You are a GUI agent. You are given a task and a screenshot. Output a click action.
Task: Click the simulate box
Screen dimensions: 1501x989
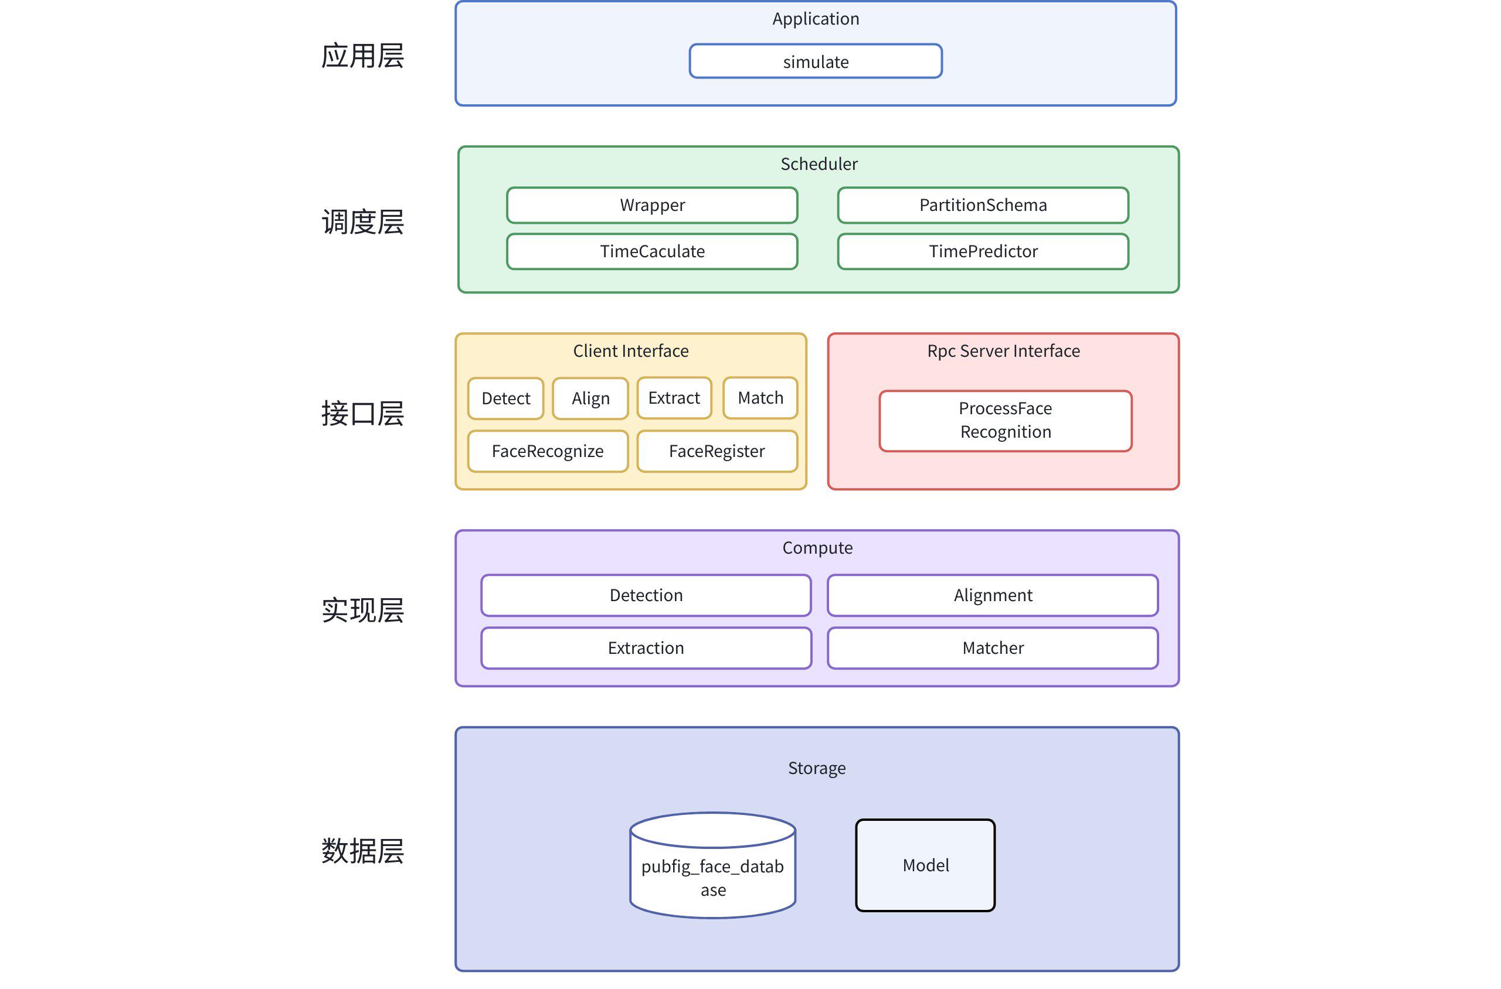coord(816,61)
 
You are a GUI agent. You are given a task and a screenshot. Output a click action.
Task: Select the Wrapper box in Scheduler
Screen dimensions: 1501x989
coord(652,205)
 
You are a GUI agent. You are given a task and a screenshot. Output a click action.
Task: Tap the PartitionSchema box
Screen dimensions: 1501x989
coord(983,205)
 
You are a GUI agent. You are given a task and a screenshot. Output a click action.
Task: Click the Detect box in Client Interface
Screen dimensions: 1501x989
coord(505,398)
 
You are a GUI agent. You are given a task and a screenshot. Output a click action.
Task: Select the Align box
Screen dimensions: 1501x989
coord(590,398)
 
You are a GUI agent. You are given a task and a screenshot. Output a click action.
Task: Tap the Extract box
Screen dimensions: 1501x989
coord(674,398)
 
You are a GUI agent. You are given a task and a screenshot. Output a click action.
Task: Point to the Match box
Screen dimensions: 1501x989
coord(760,398)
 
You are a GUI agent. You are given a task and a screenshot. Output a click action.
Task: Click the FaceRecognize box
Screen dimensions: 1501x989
coord(548,451)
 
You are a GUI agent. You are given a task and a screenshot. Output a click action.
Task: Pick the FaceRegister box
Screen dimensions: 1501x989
coord(717,451)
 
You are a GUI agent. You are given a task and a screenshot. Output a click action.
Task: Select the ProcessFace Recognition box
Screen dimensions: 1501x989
coord(1006,421)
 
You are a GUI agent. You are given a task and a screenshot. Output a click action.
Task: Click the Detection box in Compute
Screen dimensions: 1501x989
coord(646,595)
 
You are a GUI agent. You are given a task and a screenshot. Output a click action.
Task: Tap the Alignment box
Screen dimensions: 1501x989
coord(993,595)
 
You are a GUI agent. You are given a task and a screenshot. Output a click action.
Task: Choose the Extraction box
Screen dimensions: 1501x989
coord(646,648)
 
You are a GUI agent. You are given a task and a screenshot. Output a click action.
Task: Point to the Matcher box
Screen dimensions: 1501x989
coord(993,648)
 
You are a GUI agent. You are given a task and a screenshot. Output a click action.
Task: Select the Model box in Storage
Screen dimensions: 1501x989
coord(925,865)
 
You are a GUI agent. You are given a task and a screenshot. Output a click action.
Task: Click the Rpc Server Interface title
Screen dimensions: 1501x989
coord(1003,351)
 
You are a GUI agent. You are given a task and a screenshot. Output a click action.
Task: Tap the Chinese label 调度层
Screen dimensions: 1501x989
coord(363,222)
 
